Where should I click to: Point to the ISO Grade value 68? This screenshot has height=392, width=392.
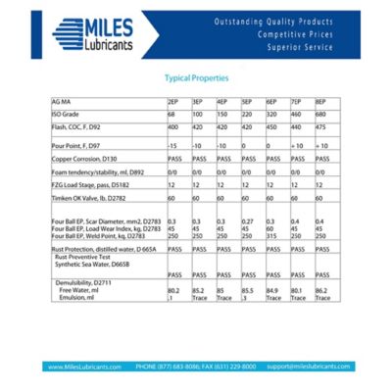coord(171,114)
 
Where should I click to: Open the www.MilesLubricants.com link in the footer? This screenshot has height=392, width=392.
coord(87,366)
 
